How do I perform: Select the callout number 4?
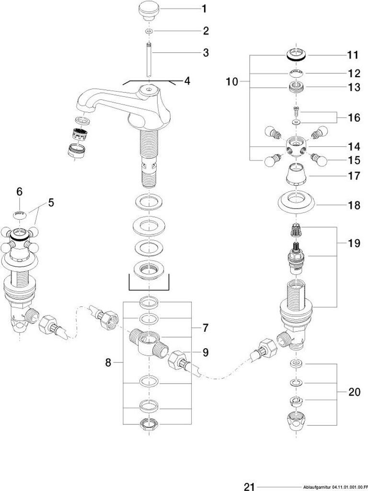click(187, 81)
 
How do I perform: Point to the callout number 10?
click(232, 82)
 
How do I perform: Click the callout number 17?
click(354, 176)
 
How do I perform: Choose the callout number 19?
click(354, 243)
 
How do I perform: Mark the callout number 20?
click(354, 392)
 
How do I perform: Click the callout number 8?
click(108, 362)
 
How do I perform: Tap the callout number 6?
click(20, 191)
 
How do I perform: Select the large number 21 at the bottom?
click(249, 487)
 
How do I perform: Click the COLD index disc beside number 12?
click(296, 73)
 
